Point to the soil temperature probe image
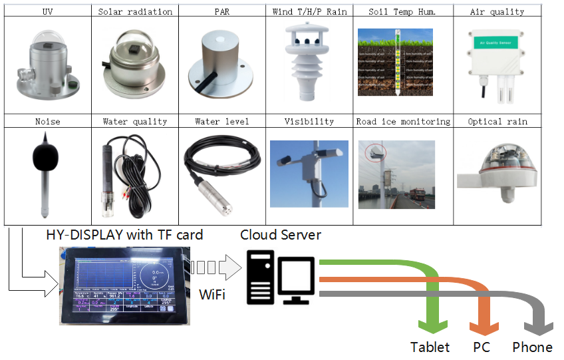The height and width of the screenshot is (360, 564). pos(395,62)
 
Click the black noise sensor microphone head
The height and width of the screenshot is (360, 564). pos(45,158)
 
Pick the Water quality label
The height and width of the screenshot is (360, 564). pos(135,122)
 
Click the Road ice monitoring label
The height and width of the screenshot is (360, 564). pos(403,122)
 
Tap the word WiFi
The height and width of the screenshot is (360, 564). pos(212,293)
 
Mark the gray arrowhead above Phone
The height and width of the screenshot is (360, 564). pos(538,326)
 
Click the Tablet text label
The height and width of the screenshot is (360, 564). pos(430,347)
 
